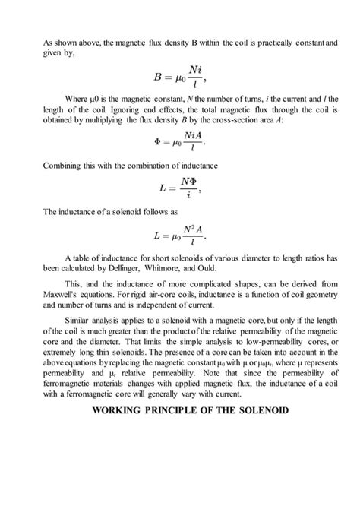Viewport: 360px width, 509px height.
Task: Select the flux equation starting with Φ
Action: click(x=179, y=141)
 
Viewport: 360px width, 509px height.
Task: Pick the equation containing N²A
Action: click(x=179, y=235)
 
